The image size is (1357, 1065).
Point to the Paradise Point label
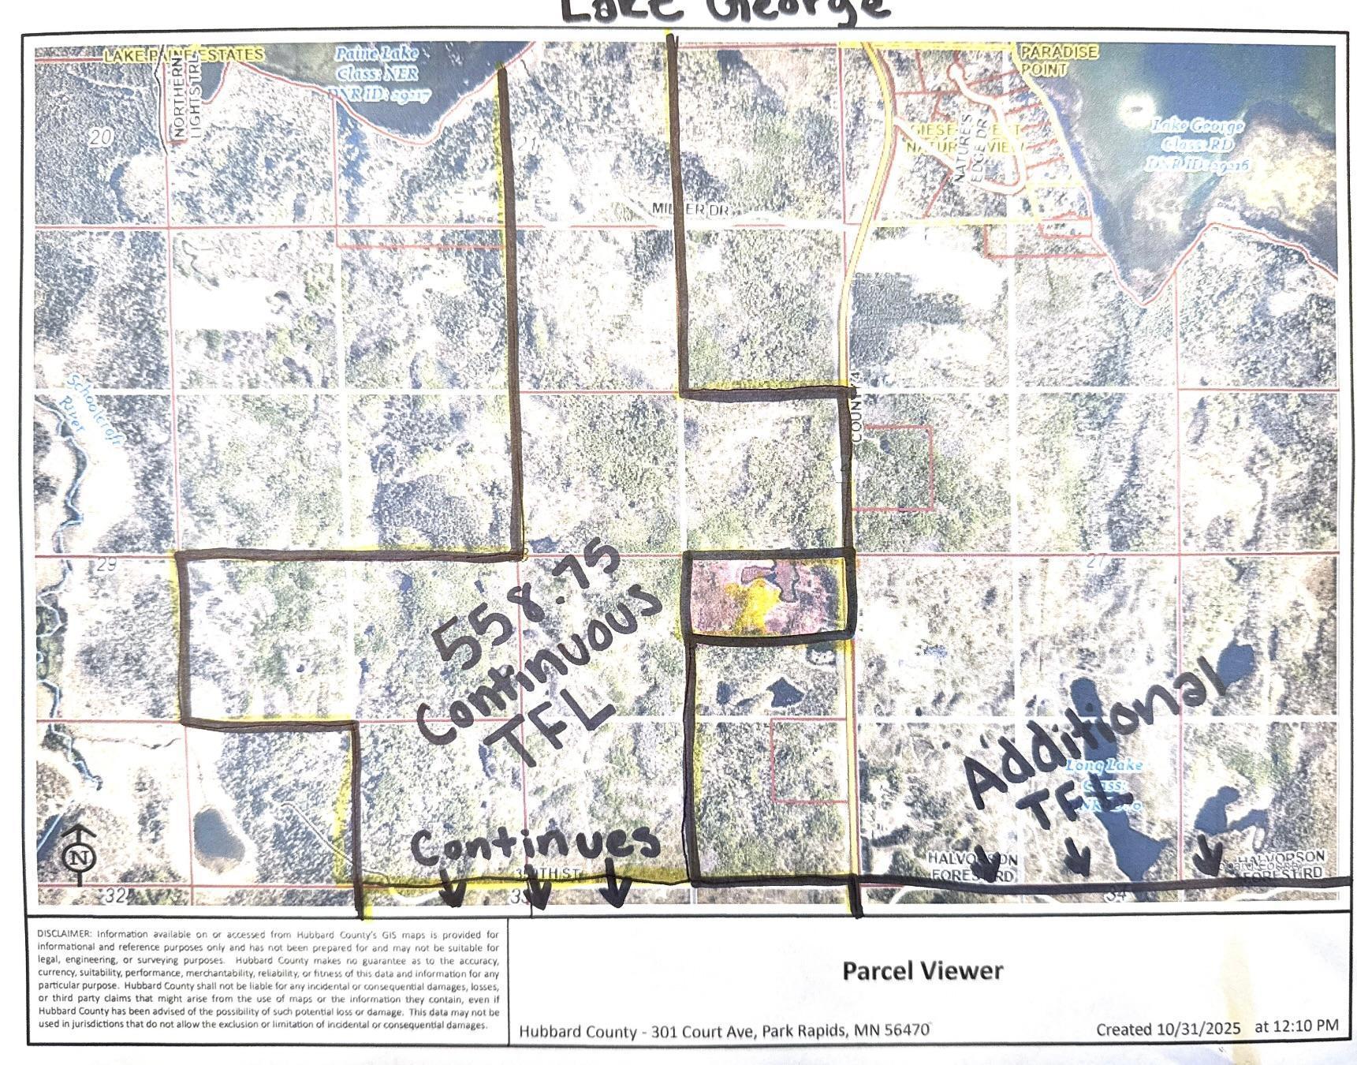(x=1058, y=60)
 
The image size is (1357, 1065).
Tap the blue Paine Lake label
(x=377, y=74)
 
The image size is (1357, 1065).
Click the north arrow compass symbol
(x=79, y=856)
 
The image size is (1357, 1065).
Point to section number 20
(x=100, y=138)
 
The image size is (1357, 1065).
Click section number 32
(x=115, y=895)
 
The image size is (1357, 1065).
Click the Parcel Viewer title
(x=923, y=970)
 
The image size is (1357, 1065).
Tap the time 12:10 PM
(x=1310, y=1026)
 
